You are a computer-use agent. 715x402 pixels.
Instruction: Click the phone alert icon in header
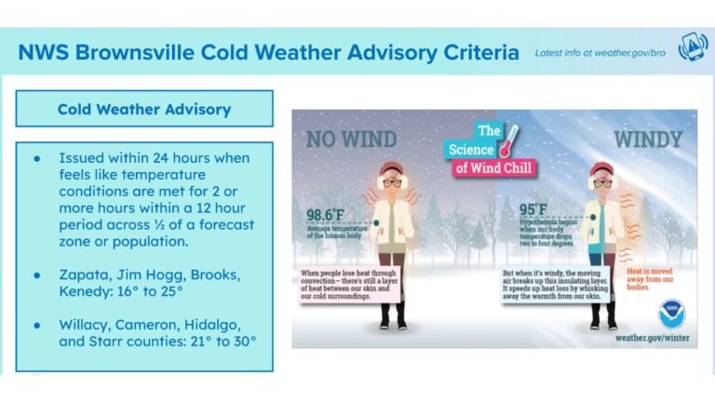(692, 50)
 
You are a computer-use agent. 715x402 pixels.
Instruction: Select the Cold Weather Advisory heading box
(144, 109)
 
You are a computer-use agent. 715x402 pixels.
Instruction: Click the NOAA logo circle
(670, 314)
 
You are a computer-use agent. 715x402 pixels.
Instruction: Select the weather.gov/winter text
(652, 338)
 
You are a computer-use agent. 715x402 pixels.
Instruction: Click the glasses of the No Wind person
(391, 183)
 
